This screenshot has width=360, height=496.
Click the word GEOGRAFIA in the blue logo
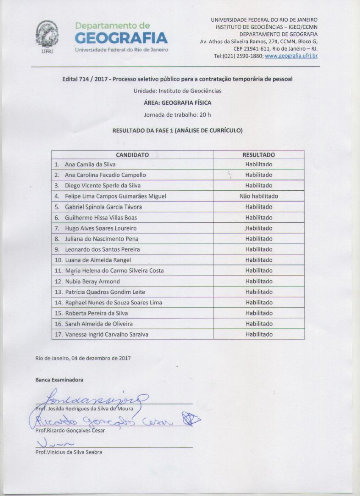coord(122,39)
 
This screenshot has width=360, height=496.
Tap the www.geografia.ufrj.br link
coord(291,56)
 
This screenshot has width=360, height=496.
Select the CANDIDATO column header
coord(132,155)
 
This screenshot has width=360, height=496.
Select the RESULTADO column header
coord(258,155)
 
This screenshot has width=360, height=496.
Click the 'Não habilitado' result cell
coord(258,196)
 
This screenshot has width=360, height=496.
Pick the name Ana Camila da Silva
coord(90,164)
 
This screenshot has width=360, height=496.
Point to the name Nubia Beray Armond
coord(92,281)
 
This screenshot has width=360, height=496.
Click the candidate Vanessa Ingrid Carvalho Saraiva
coord(107,334)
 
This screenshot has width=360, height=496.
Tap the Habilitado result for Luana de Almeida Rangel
coord(258,260)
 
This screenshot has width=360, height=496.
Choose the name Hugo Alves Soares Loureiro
coord(100,228)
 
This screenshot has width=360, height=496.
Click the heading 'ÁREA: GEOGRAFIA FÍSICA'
coord(177,103)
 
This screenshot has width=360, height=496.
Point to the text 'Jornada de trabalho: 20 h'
coord(177,114)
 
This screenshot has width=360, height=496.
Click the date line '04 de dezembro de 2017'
coord(83,358)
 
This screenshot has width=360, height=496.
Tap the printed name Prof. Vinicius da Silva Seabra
coord(69,452)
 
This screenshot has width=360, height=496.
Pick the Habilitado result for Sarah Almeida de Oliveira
coord(258,324)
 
